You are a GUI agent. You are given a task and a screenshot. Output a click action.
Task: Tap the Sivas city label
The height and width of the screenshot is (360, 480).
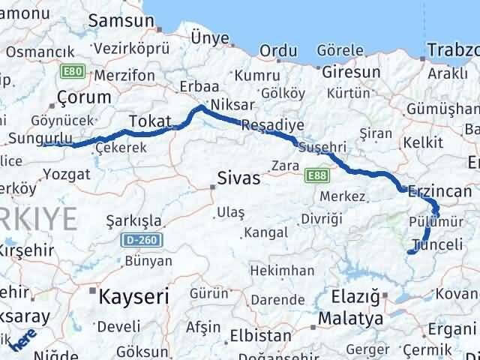(238, 178)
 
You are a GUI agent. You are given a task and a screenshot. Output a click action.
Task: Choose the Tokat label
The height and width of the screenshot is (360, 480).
(150, 121)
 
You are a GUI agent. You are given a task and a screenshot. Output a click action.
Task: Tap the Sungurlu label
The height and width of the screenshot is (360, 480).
(40, 138)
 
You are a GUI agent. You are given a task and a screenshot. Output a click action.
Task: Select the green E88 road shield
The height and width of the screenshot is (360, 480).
(316, 175)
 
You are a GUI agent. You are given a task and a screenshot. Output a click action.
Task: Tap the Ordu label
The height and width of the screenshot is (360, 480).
(278, 51)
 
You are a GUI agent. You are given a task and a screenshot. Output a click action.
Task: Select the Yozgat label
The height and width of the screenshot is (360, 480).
(67, 174)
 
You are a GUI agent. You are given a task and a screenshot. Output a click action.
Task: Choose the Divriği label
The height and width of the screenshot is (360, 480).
(322, 218)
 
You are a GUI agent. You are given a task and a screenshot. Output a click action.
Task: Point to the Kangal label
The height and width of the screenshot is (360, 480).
(266, 232)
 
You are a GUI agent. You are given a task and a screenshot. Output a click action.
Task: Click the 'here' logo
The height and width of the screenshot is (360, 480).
(25, 341)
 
